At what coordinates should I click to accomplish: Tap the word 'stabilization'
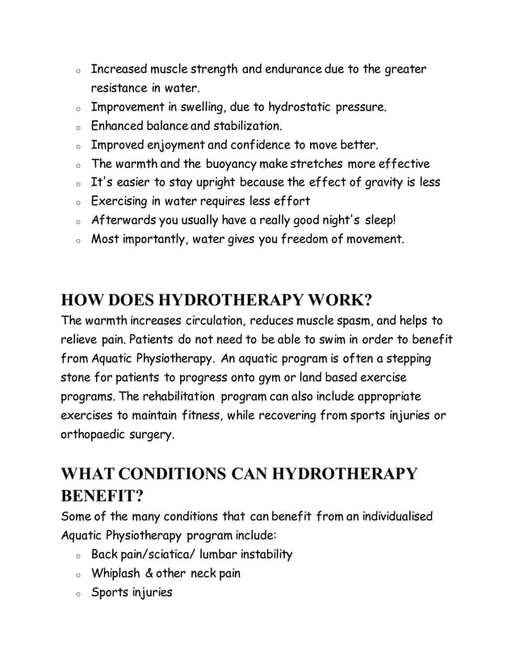click(245, 126)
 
